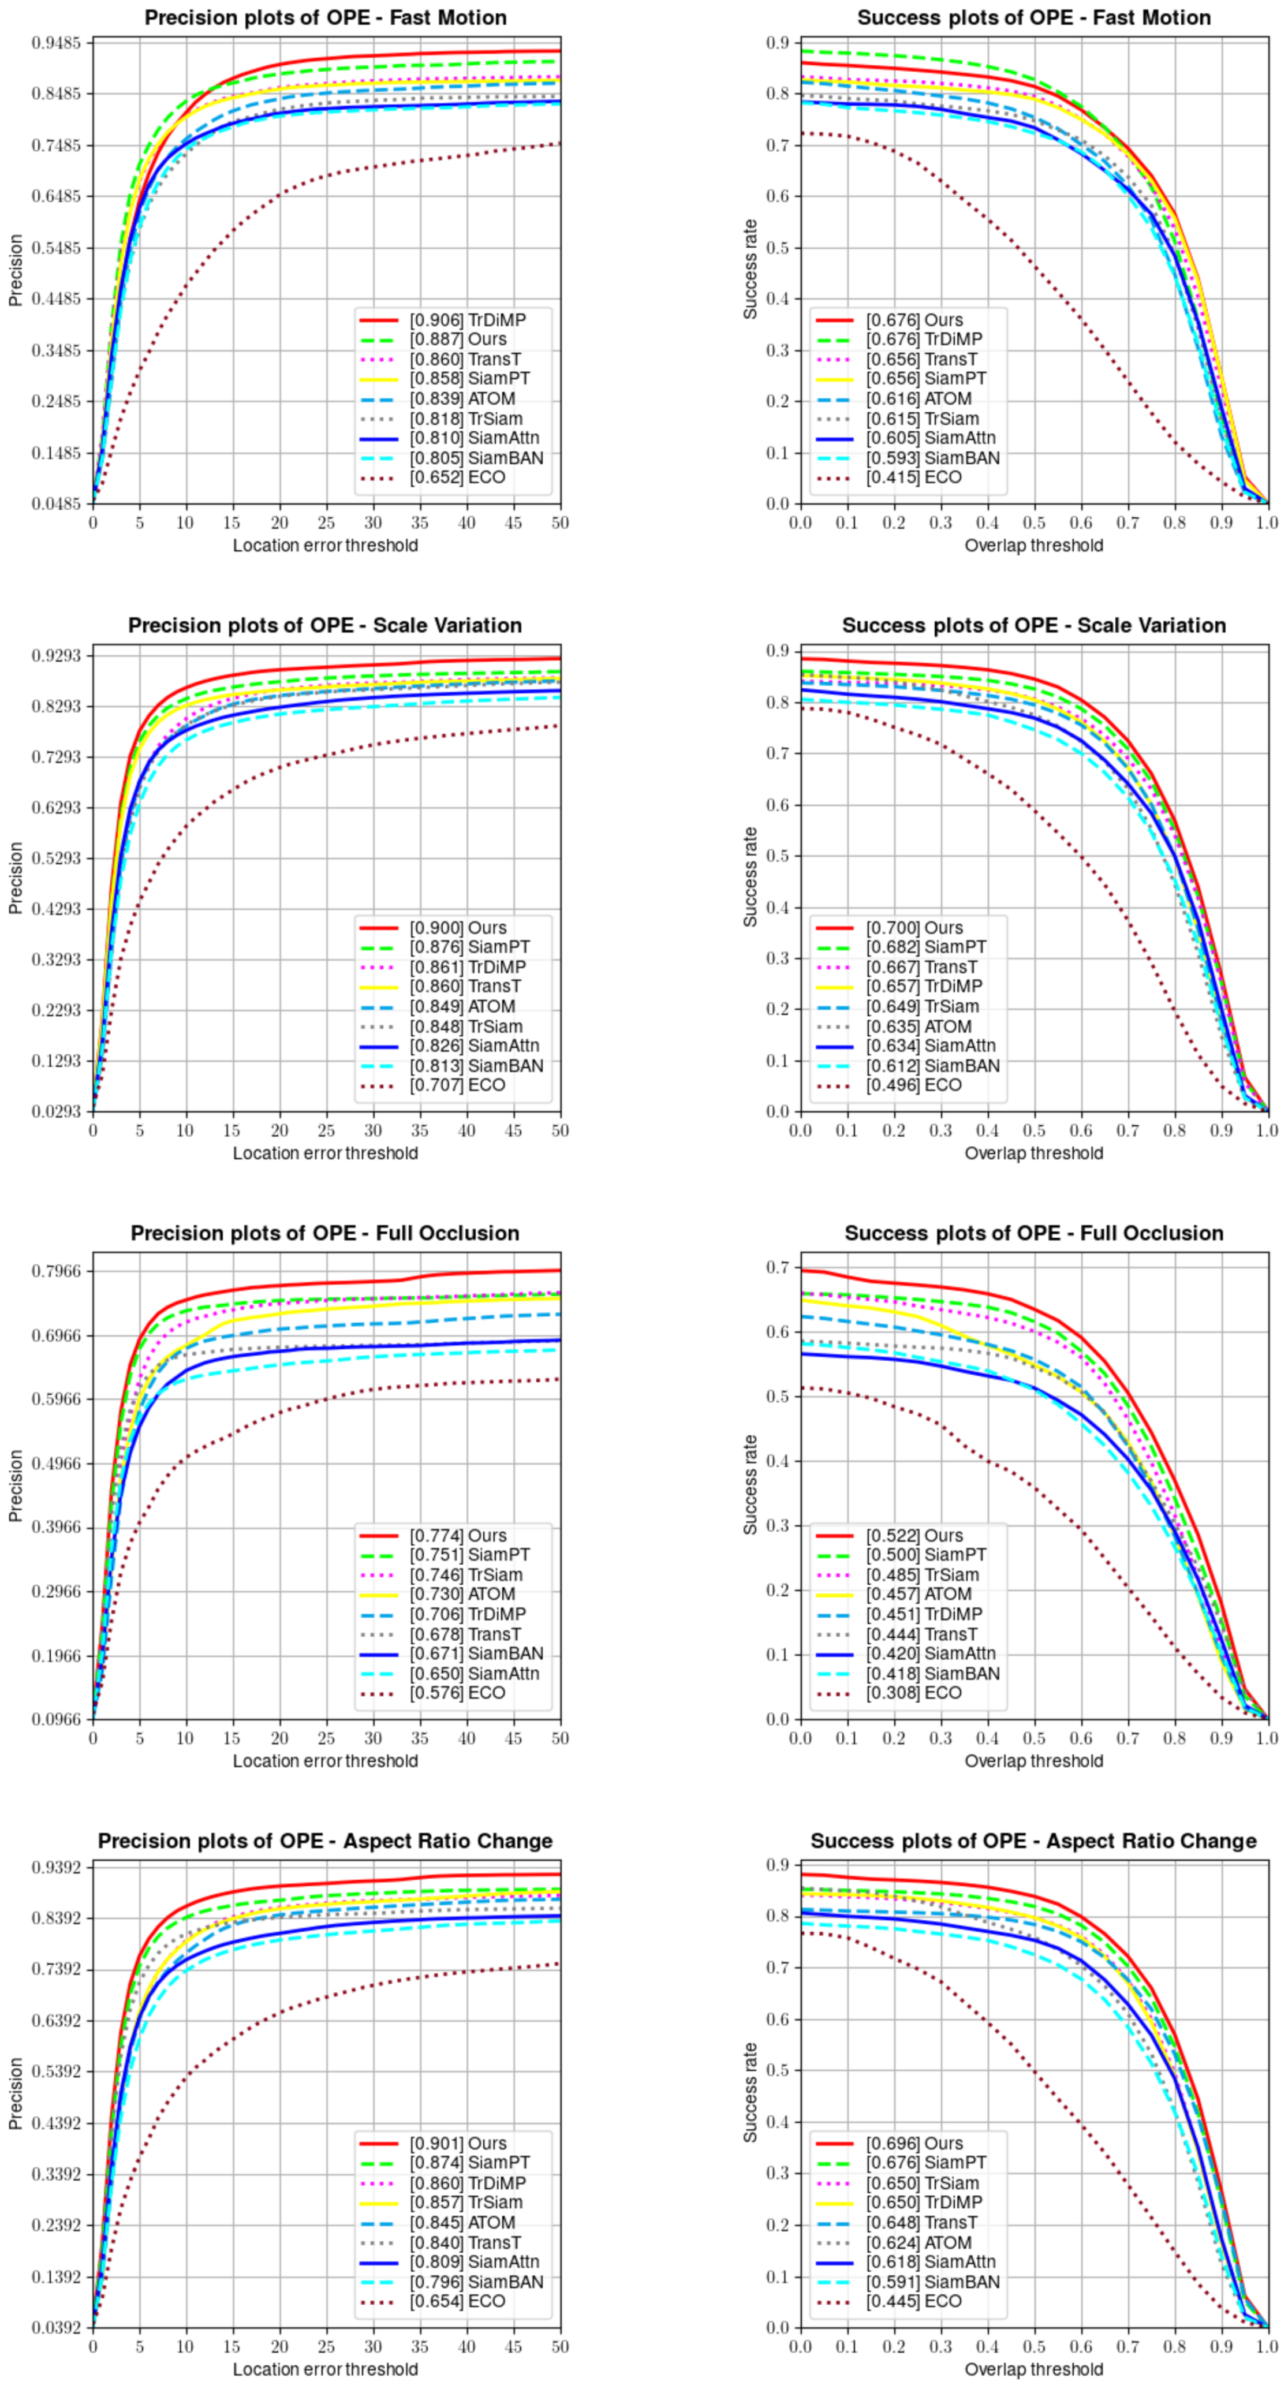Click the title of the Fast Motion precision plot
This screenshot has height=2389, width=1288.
tap(326, 18)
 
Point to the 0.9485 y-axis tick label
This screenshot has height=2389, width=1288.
tap(55, 43)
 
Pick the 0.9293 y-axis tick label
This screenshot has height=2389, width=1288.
tap(55, 656)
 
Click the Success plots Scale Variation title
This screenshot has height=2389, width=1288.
tap(1033, 625)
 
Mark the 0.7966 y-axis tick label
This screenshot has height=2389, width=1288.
tap(55, 1271)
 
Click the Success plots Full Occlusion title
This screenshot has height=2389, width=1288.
tap(1033, 1233)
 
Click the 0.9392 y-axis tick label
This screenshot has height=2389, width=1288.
tap(55, 1867)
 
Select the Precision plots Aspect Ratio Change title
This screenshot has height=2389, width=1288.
tap(326, 1841)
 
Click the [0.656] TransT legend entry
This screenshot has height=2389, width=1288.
tap(921, 359)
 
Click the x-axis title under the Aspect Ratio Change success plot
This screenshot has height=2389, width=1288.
tap(1033, 2369)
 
